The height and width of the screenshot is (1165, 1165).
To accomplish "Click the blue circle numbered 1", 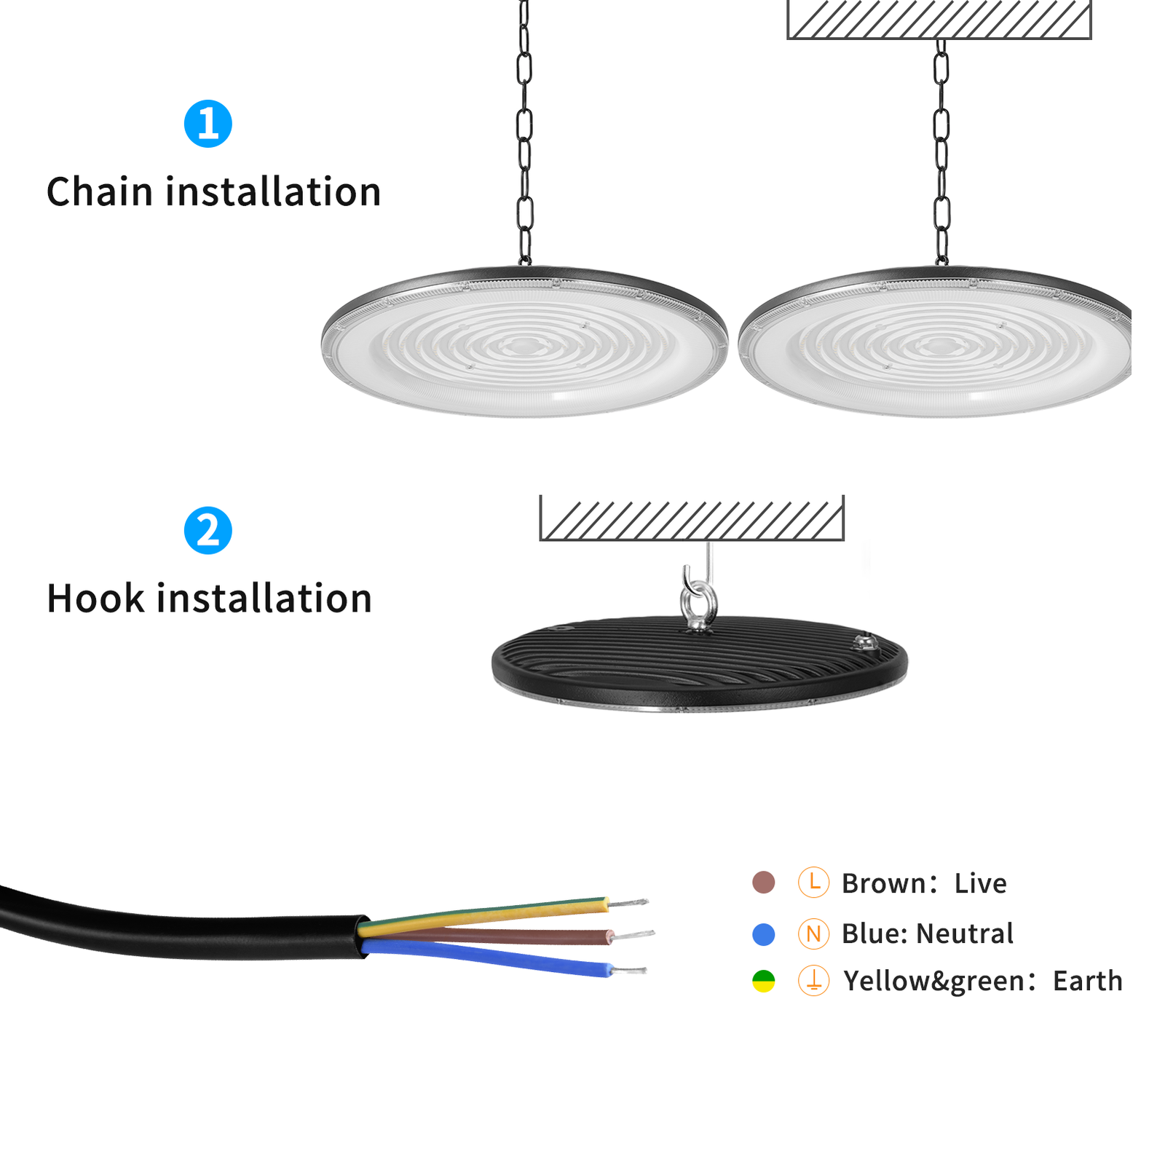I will pyautogui.click(x=208, y=124).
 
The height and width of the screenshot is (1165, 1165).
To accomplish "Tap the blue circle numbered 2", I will pyautogui.click(x=208, y=530).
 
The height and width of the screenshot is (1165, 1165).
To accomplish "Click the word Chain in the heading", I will pyautogui.click(x=99, y=192).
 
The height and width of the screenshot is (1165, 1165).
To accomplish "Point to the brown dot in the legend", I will pyautogui.click(x=763, y=882).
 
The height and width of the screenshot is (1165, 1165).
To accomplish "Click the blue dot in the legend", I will pyautogui.click(x=763, y=934).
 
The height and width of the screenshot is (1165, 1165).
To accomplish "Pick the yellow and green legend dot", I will pyautogui.click(x=763, y=981).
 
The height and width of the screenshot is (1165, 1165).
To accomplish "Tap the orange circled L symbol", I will pyautogui.click(x=813, y=882).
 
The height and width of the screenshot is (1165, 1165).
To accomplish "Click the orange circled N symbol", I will pyautogui.click(x=813, y=934).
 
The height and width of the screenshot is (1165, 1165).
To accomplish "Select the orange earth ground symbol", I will pyautogui.click(x=813, y=981).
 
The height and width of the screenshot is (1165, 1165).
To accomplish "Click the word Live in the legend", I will pyautogui.click(x=980, y=883).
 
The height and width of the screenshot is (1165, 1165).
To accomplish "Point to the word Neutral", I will pyautogui.click(x=964, y=933).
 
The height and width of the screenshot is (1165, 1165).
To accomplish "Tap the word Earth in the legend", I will pyautogui.click(x=1087, y=981).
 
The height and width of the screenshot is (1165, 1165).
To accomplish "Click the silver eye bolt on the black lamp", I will pyautogui.click(x=698, y=601).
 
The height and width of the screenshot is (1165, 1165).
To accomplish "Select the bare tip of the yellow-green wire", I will pyautogui.click(x=628, y=904).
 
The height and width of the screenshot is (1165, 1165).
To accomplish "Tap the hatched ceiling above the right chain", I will pyautogui.click(x=939, y=19).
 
